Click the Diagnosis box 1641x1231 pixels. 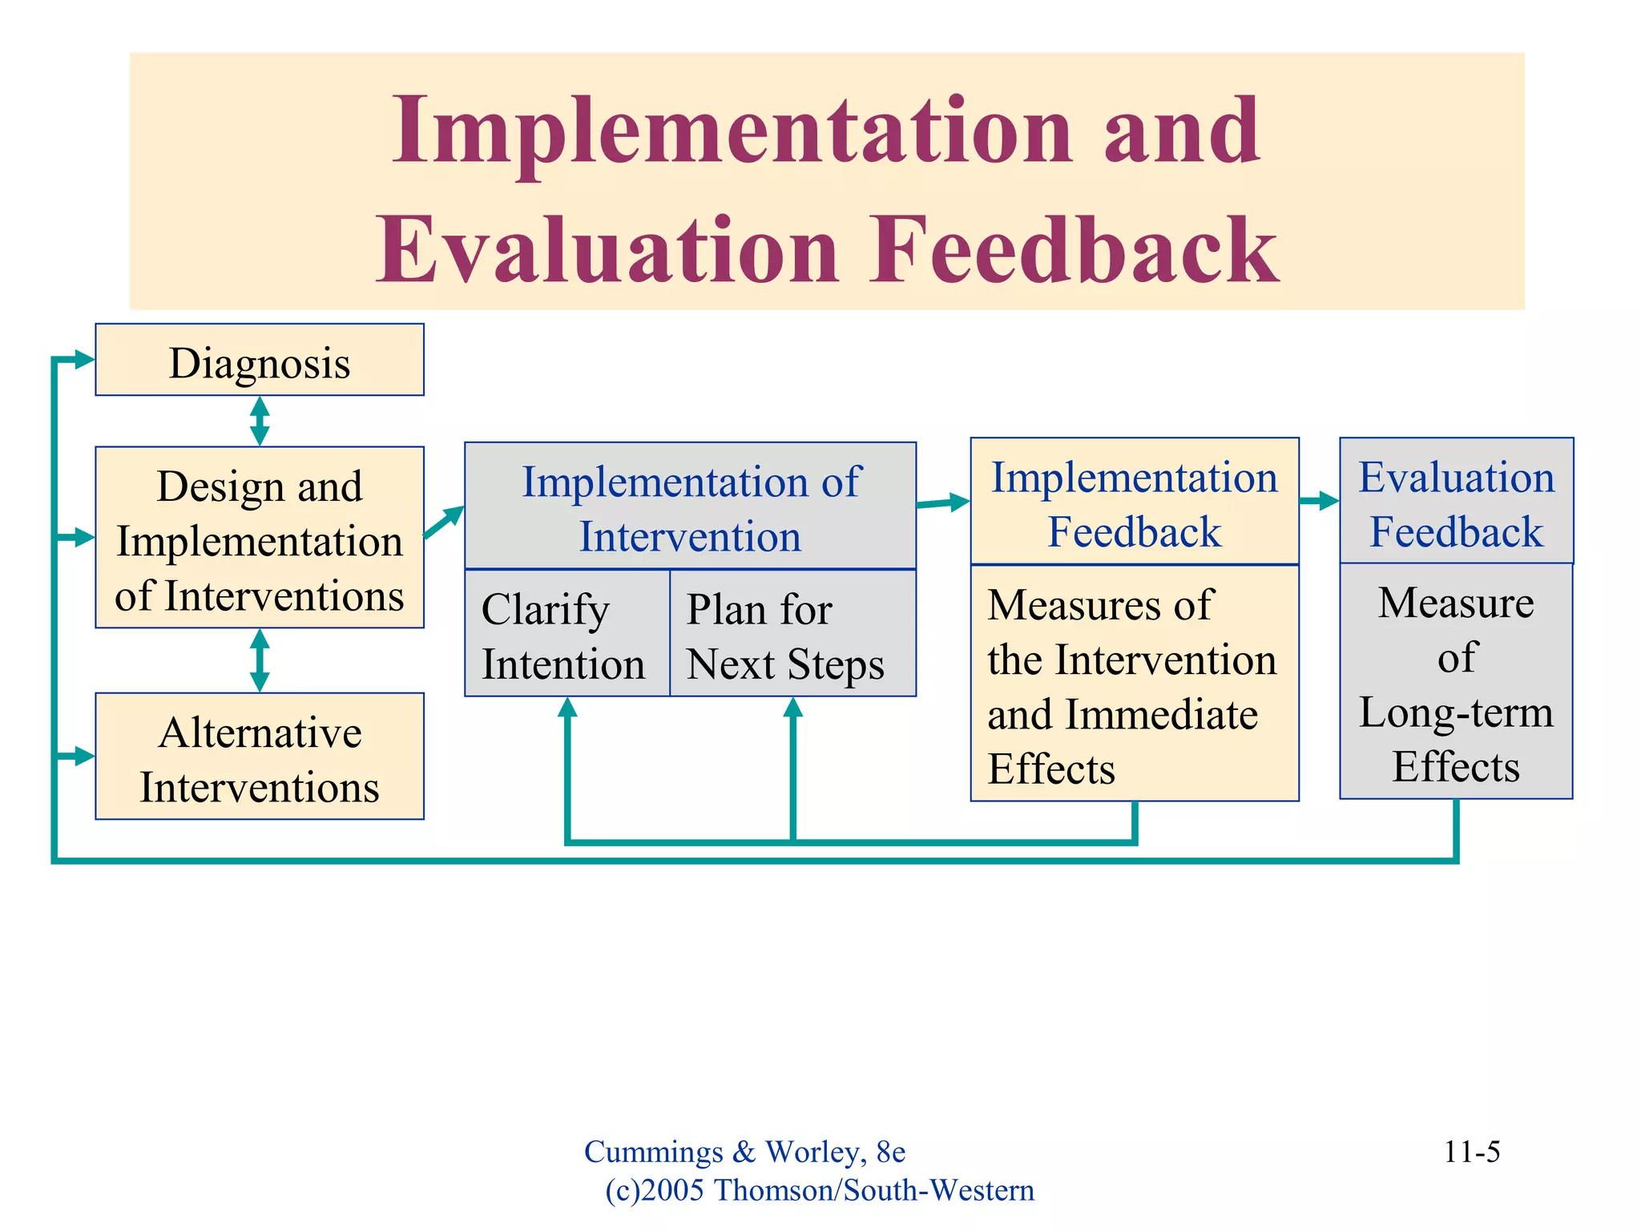tap(260, 361)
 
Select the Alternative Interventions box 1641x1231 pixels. tap(260, 757)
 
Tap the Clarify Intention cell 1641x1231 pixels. tap(566, 634)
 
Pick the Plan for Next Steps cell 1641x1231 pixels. tap(792, 634)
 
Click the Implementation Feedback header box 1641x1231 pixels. tap(1134, 502)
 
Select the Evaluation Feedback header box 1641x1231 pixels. tap(1456, 502)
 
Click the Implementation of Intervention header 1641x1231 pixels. tap(690, 507)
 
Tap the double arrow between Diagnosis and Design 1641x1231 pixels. tap(260, 421)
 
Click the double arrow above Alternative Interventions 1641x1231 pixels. tap(260, 660)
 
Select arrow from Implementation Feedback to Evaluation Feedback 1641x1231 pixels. tap(1319, 502)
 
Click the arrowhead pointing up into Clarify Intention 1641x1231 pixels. tap(567, 708)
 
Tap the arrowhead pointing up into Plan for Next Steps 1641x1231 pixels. tap(792, 708)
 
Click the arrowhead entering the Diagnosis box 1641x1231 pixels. tap(83, 360)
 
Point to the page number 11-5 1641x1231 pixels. tap(1471, 1152)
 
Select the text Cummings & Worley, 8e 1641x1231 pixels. tap(744, 1152)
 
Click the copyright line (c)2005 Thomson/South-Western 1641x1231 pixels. tap(819, 1190)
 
